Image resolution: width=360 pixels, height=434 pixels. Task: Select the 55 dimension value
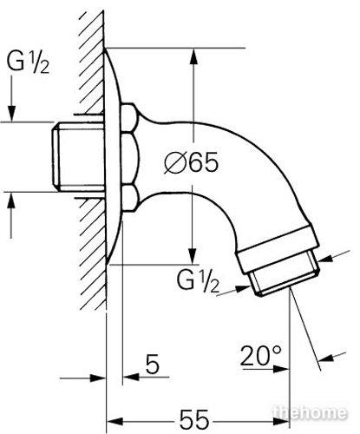click(x=194, y=420)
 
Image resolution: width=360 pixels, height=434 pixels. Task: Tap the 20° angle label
click(x=260, y=355)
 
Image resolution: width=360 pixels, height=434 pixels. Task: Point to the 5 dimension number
click(x=153, y=364)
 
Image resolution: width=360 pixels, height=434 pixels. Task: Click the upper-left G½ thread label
click(x=28, y=62)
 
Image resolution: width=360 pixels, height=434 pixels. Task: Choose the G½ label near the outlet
click(x=198, y=281)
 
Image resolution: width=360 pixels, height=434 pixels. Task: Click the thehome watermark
click(x=310, y=412)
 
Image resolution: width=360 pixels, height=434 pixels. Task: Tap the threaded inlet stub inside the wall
click(x=78, y=156)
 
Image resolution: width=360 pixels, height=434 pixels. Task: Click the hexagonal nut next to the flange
click(x=128, y=158)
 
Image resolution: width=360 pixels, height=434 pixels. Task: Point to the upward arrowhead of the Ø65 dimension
click(x=193, y=56)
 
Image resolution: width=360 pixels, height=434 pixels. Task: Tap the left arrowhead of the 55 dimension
click(x=115, y=421)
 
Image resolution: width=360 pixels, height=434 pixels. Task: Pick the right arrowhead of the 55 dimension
click(x=280, y=421)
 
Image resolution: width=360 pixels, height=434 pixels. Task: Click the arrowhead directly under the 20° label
click(x=280, y=369)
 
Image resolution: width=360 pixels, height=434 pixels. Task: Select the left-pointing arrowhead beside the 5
click(x=131, y=377)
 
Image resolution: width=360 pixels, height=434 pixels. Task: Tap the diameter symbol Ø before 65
click(x=174, y=162)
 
